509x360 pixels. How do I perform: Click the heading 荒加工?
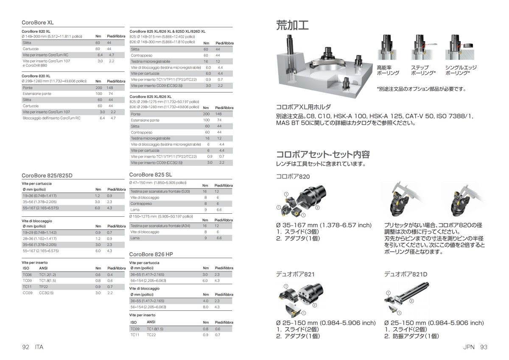pyautogui.click(x=292, y=25)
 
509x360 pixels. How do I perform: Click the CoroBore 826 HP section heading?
pyautogui.click(x=151, y=254)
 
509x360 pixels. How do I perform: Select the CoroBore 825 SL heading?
pyautogui.click(x=150, y=174)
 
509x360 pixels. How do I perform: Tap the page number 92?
pyautogui.click(x=25, y=347)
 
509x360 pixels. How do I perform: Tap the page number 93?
pyautogui.click(x=484, y=347)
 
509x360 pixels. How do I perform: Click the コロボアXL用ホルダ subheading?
pyautogui.click(x=303, y=107)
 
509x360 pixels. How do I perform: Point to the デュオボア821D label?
pyautogui.click(x=406, y=274)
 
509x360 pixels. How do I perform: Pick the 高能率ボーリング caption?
pyautogui.click(x=388, y=70)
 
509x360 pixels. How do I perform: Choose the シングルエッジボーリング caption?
pyautogui.click(x=461, y=70)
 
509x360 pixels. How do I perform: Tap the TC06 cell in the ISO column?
pyautogui.click(x=27, y=275)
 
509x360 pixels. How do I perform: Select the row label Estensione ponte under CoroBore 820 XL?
pyautogui.click(x=37, y=93)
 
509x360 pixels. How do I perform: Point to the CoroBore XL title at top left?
pyautogui.click(x=38, y=22)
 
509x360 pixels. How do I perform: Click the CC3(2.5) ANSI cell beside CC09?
pyautogui.click(x=48, y=293)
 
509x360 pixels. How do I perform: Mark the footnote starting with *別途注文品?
pyautogui.click(x=421, y=89)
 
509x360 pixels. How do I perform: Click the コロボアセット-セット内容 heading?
pyautogui.click(x=323, y=154)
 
